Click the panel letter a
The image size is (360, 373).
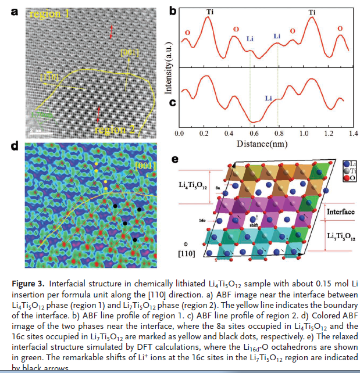coord(14,10)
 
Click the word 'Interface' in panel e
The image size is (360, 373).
coord(341,212)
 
